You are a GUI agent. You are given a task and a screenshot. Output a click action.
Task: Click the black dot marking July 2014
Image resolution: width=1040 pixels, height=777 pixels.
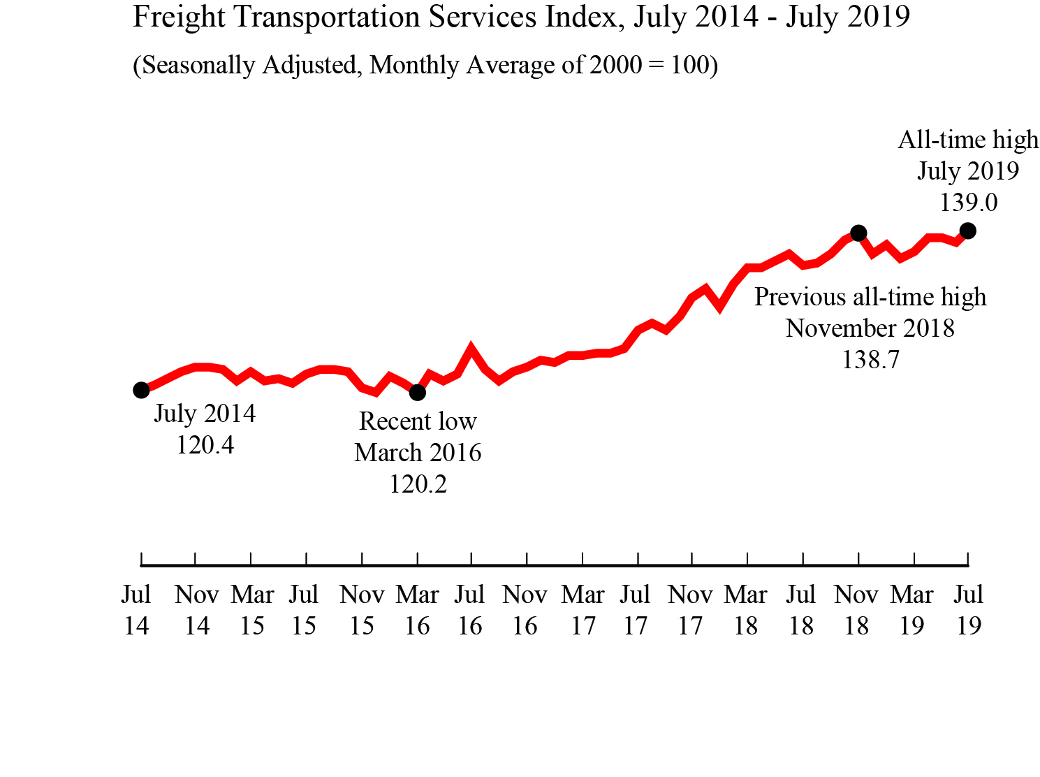141,390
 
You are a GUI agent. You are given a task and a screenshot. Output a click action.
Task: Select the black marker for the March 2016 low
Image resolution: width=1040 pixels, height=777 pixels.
417,393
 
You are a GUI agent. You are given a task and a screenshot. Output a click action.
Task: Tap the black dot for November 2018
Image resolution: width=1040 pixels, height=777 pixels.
858,233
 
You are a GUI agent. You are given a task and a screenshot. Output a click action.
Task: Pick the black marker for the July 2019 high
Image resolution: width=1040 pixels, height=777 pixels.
967,231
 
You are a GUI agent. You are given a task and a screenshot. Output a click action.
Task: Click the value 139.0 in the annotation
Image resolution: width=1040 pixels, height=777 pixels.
968,203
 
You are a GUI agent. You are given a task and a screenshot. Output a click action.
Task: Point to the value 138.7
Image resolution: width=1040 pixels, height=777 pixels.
870,360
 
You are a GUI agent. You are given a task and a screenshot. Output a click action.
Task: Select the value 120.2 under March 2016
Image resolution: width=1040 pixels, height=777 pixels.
418,484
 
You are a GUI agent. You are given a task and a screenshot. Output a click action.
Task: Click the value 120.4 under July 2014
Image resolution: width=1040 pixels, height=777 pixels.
205,445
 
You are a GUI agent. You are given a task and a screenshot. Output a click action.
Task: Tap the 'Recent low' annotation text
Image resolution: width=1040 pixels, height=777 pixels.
418,421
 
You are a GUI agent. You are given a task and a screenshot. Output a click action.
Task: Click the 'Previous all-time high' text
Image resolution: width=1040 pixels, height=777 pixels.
870,297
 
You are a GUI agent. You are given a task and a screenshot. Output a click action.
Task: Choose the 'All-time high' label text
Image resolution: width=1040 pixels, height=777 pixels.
968,140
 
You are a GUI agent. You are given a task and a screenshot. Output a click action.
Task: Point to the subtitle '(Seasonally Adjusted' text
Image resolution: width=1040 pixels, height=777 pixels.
245,65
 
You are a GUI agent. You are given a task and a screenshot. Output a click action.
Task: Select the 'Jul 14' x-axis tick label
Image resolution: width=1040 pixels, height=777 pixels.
136,610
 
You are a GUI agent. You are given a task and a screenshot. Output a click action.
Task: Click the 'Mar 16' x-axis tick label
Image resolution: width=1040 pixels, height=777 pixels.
417,610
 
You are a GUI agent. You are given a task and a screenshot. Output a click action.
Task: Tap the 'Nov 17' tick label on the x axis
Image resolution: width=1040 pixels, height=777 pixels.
690,610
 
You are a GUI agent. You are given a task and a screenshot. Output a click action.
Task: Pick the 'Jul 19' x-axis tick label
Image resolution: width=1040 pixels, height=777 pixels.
969,610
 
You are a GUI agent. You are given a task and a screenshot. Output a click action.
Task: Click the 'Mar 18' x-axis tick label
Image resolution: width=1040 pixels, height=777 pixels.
745,610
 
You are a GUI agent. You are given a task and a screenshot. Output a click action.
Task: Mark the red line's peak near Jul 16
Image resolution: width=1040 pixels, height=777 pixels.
471,348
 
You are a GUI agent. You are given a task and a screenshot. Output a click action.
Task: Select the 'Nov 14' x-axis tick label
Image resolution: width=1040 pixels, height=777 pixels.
197,610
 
